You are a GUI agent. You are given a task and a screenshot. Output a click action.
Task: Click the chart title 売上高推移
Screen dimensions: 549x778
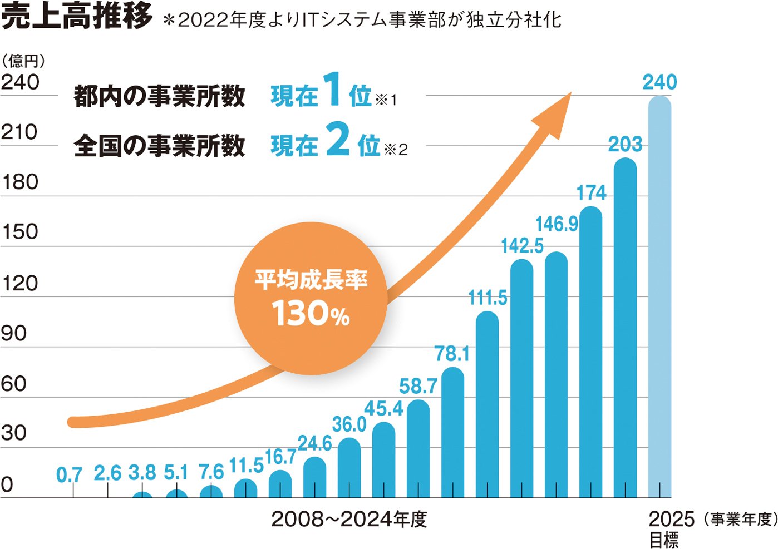coord(77,17)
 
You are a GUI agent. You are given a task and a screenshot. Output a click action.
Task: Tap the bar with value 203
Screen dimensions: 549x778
coord(625,328)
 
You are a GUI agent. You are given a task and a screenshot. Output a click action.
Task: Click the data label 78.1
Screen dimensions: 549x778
coord(452,354)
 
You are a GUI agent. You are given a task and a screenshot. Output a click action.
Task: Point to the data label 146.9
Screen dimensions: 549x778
coord(557,224)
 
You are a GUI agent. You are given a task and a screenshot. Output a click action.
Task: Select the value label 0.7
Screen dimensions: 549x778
coord(70,475)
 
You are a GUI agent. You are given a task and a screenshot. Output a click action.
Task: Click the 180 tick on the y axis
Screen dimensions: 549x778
coord(19,182)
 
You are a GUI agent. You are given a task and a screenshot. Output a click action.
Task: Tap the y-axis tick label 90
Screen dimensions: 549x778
coord(14,334)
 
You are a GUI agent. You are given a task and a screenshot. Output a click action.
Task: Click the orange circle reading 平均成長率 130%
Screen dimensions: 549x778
coord(310,299)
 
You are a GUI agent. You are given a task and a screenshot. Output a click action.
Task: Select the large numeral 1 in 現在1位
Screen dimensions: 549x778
coord(332,90)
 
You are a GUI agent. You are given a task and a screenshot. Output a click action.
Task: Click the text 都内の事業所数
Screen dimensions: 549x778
coord(159,96)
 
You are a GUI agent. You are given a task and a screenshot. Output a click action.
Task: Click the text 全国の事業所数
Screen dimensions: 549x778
coord(159,146)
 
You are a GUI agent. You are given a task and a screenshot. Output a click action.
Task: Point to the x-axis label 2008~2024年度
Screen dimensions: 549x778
coord(349,519)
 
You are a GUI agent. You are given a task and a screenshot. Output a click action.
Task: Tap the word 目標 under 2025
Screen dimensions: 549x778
coord(664,540)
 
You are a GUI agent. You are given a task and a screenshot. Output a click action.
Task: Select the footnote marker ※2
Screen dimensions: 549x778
coord(396,150)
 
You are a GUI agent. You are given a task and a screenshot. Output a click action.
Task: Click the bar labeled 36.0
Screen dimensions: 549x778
coord(349,468)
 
